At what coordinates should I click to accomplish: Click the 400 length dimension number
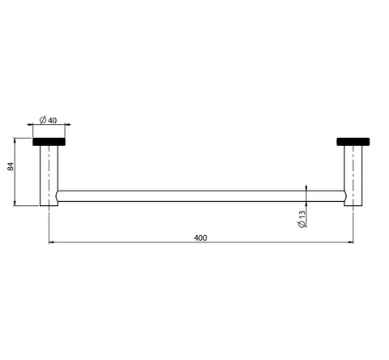pos(200,238)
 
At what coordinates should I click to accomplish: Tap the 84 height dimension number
pos(11,166)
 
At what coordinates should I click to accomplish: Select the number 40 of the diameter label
pos(53,120)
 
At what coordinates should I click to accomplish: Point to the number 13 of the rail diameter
pos(302,215)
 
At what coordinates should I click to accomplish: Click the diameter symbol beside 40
pos(43,120)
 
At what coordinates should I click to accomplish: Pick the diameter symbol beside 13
pos(302,224)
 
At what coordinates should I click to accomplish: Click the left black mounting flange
pos(49,142)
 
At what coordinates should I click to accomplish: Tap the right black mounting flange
pos(353,142)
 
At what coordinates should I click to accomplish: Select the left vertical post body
pos(49,176)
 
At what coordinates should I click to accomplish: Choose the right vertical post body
pos(353,176)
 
